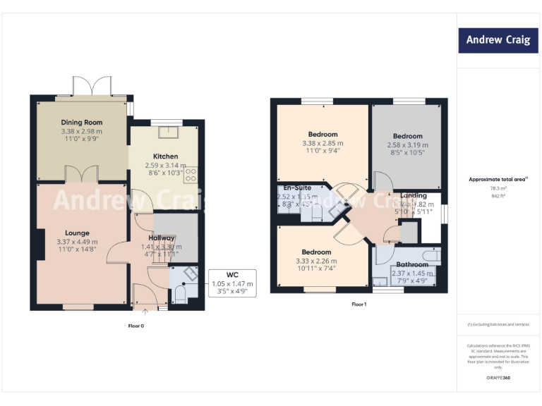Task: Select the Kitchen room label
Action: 166,156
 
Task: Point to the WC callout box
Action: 232,283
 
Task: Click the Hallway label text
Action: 162,238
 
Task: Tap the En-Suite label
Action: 297,188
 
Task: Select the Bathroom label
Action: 411,264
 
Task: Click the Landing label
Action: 413,195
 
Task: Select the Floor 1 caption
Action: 359,304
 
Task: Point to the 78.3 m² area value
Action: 498,188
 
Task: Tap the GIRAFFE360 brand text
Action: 498,379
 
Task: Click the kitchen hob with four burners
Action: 191,175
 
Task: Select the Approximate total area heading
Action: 498,179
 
